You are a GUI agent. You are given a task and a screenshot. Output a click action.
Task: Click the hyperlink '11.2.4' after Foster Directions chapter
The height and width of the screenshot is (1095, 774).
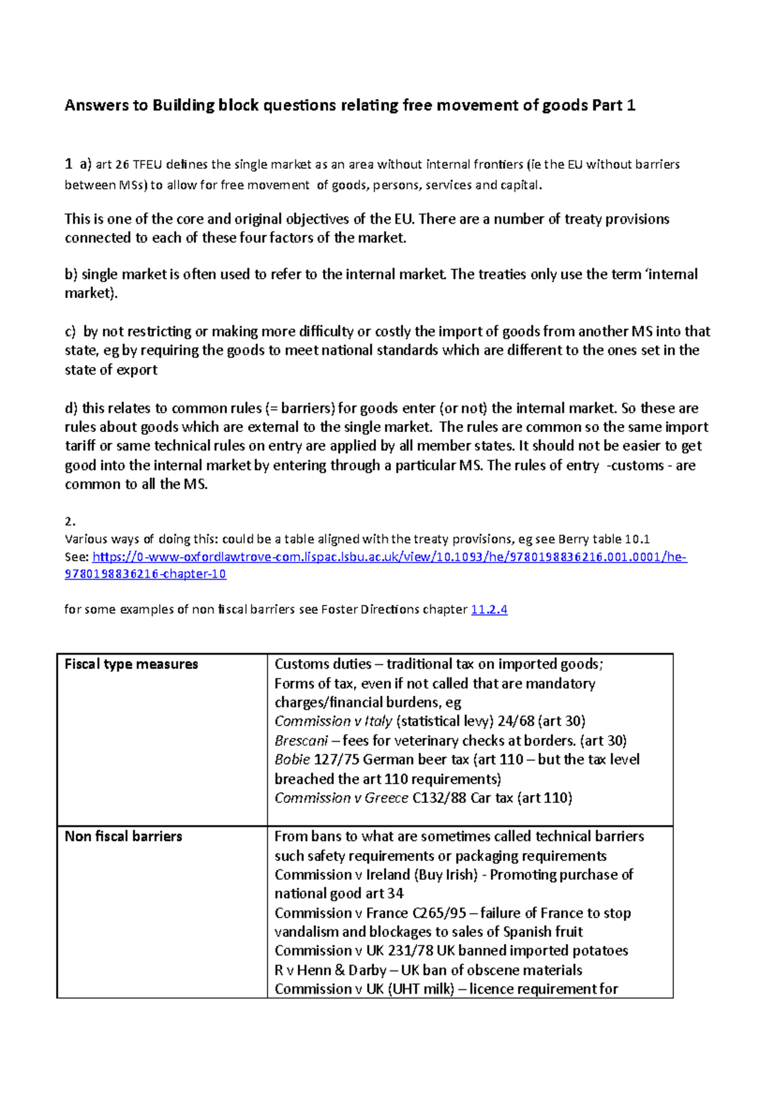click(x=489, y=609)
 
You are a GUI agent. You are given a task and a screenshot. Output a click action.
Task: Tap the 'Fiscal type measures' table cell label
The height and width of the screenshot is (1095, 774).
click(x=131, y=664)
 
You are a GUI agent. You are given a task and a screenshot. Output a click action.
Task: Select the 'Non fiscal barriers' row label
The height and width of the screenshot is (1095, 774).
click(x=123, y=836)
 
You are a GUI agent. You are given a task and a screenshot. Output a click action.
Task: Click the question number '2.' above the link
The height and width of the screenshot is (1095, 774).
click(x=70, y=521)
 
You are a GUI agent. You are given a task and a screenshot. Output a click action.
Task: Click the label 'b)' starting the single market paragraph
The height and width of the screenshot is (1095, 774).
click(x=71, y=275)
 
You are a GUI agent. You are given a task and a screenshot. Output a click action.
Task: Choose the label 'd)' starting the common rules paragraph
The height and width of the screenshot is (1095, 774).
click(x=71, y=408)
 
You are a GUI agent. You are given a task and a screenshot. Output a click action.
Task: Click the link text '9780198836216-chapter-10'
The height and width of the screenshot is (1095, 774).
click(x=145, y=574)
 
